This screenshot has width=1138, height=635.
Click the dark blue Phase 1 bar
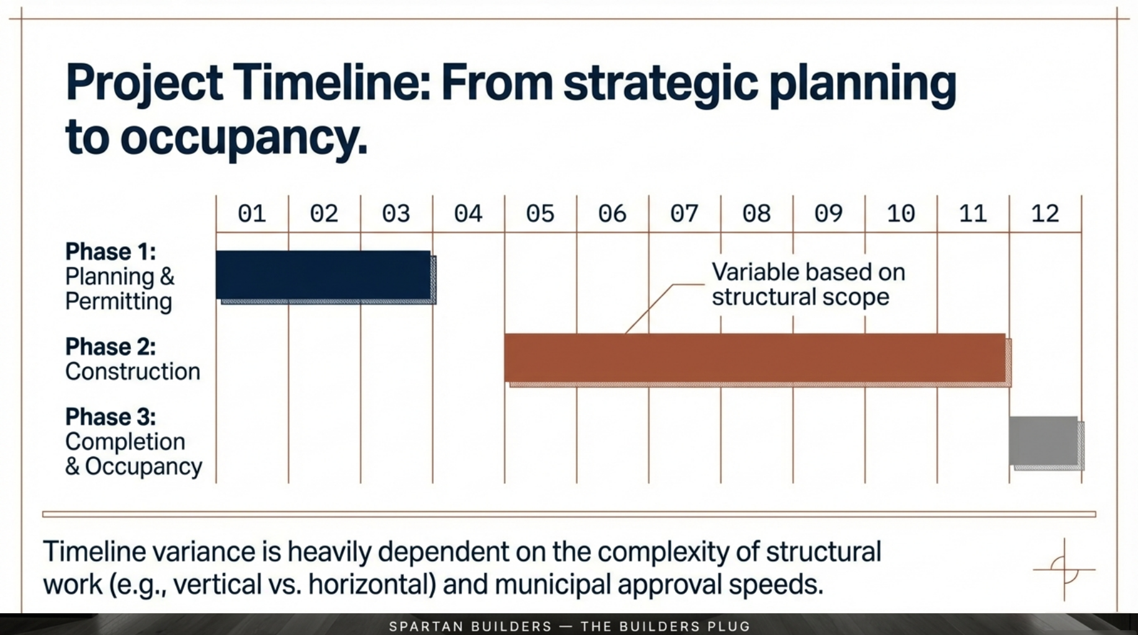coord(323,275)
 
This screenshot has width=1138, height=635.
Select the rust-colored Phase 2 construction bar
coord(755,358)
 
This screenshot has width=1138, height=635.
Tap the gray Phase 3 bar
coord(1044,440)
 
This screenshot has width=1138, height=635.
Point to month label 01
coord(252,214)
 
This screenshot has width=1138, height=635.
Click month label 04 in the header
coord(468,214)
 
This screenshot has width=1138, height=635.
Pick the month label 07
coord(684,214)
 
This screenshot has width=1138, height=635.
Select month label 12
coord(1044,214)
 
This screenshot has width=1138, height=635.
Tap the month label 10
coord(900,214)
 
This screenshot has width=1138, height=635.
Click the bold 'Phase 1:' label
coord(110,252)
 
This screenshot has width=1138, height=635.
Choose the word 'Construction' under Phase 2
coord(133,371)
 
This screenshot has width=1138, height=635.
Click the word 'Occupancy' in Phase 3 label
coord(144,466)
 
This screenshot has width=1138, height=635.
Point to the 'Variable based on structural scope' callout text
coord(807,285)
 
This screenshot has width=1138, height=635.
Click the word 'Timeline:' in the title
coord(331,83)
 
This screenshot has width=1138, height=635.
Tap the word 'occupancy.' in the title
coord(243,137)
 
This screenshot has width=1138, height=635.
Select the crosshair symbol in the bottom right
coord(1064,569)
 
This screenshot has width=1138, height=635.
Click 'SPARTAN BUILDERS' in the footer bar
coord(470,626)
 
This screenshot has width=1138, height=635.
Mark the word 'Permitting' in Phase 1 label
coord(119,301)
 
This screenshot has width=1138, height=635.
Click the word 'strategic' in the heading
coord(660,83)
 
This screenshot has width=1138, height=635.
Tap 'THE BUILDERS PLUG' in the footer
coord(665,626)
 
